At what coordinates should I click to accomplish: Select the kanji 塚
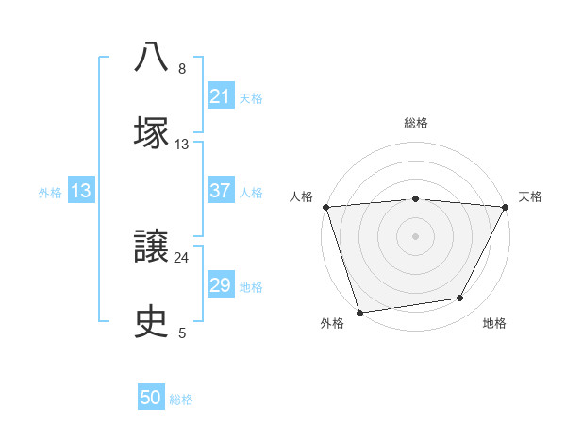coord(152,131)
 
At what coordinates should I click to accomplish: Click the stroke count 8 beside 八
coord(182,69)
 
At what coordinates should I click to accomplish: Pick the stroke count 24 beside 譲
coord(182,257)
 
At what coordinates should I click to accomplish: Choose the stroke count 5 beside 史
coord(182,333)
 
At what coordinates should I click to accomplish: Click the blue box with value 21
coord(221,96)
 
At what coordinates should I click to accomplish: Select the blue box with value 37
coord(221,191)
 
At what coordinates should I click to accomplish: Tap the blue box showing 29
coord(221,285)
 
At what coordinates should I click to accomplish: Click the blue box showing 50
coord(151,399)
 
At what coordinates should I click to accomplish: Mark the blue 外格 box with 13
coord(81,191)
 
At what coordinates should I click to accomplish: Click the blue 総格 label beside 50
coord(181,400)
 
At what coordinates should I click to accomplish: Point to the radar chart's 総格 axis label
coord(416,123)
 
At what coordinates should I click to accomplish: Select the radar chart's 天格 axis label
coord(530,196)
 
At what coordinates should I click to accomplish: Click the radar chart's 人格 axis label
coord(301,196)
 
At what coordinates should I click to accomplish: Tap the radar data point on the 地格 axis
coord(460,299)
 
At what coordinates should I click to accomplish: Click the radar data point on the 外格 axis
coord(359,312)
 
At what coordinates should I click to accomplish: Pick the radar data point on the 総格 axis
coord(416,198)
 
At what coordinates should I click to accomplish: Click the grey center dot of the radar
coord(416,236)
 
